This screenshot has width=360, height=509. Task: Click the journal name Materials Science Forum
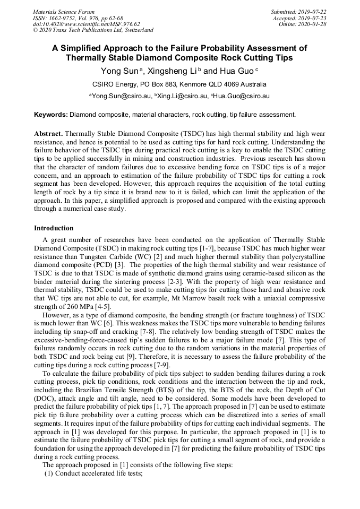[64, 12]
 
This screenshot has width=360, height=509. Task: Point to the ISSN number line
[78, 18]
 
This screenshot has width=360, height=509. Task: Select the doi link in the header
[86, 24]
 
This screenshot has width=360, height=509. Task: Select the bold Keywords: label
[51, 114]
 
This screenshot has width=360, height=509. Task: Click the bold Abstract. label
[49, 134]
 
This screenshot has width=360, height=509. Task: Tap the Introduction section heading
[54, 228]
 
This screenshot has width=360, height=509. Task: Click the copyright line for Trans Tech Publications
[93, 30]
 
